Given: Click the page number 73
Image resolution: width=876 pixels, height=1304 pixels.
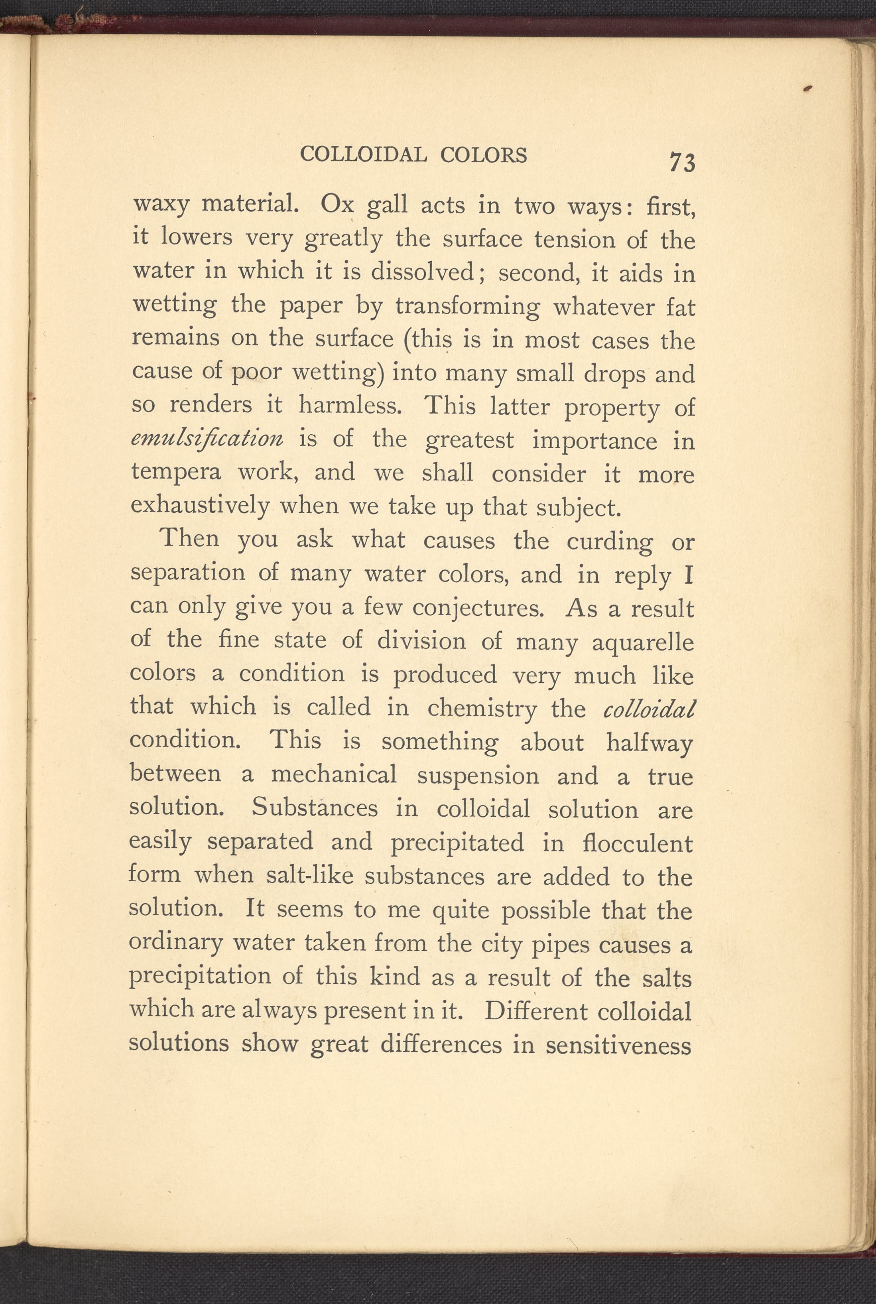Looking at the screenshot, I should pyautogui.click(x=682, y=162).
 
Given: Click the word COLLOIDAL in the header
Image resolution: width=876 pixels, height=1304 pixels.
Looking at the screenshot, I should pyautogui.click(x=364, y=154).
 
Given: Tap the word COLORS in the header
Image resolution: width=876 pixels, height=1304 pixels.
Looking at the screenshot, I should pyautogui.click(x=483, y=155).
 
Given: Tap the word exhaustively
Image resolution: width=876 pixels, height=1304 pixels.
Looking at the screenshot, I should pyautogui.click(x=200, y=506).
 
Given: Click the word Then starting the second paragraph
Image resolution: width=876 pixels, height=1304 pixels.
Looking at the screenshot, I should pyautogui.click(x=189, y=539).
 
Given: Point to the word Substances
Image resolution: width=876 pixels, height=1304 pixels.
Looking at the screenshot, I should pyautogui.click(x=315, y=808).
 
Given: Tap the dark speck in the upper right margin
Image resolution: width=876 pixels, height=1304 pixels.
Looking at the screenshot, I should pyautogui.click(x=808, y=88).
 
